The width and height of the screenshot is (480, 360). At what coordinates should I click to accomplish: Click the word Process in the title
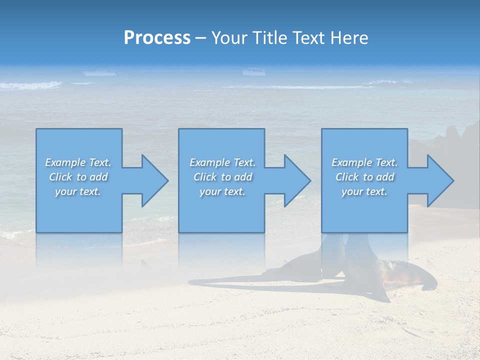click(157, 37)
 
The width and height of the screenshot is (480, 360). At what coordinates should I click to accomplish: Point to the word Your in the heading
click(229, 37)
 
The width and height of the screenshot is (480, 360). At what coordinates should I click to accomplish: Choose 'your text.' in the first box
click(78, 191)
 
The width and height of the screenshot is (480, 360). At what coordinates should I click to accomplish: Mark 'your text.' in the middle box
click(222, 191)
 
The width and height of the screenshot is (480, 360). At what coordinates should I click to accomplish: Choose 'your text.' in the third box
click(364, 191)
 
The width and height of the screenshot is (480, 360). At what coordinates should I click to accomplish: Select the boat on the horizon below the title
click(253, 71)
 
